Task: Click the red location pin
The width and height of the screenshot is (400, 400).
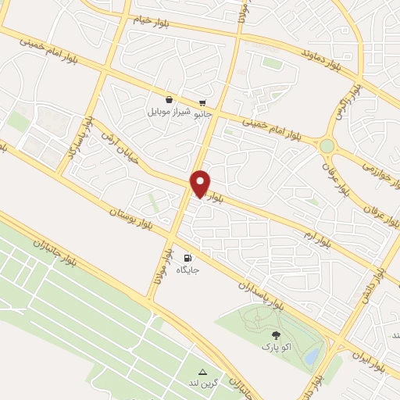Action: pos(201,183)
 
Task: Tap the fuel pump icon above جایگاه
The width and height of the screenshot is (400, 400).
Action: pos(187,258)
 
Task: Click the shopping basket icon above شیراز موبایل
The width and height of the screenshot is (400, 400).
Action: pos(169,100)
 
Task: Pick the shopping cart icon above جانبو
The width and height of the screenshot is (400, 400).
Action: pos(202,102)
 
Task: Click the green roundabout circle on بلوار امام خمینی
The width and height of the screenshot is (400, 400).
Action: pos(327,145)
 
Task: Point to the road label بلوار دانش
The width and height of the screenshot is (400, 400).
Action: pos(373,287)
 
